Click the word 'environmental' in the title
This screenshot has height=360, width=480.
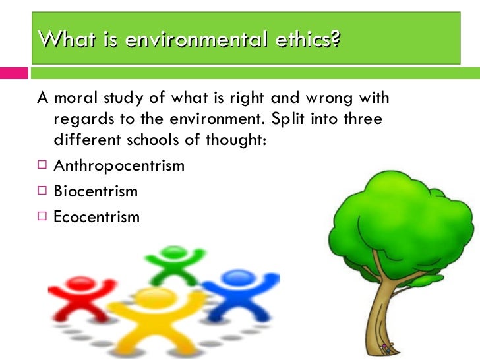pyautogui.click(x=191, y=40)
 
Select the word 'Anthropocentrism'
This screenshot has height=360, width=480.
pyautogui.click(x=119, y=165)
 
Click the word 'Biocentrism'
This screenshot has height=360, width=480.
pyautogui.click(x=96, y=191)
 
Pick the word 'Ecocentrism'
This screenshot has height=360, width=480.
pyautogui.click(x=96, y=216)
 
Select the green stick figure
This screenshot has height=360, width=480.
pyautogui.click(x=175, y=264)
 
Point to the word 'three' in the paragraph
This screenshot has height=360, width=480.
pyautogui.click(x=360, y=121)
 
